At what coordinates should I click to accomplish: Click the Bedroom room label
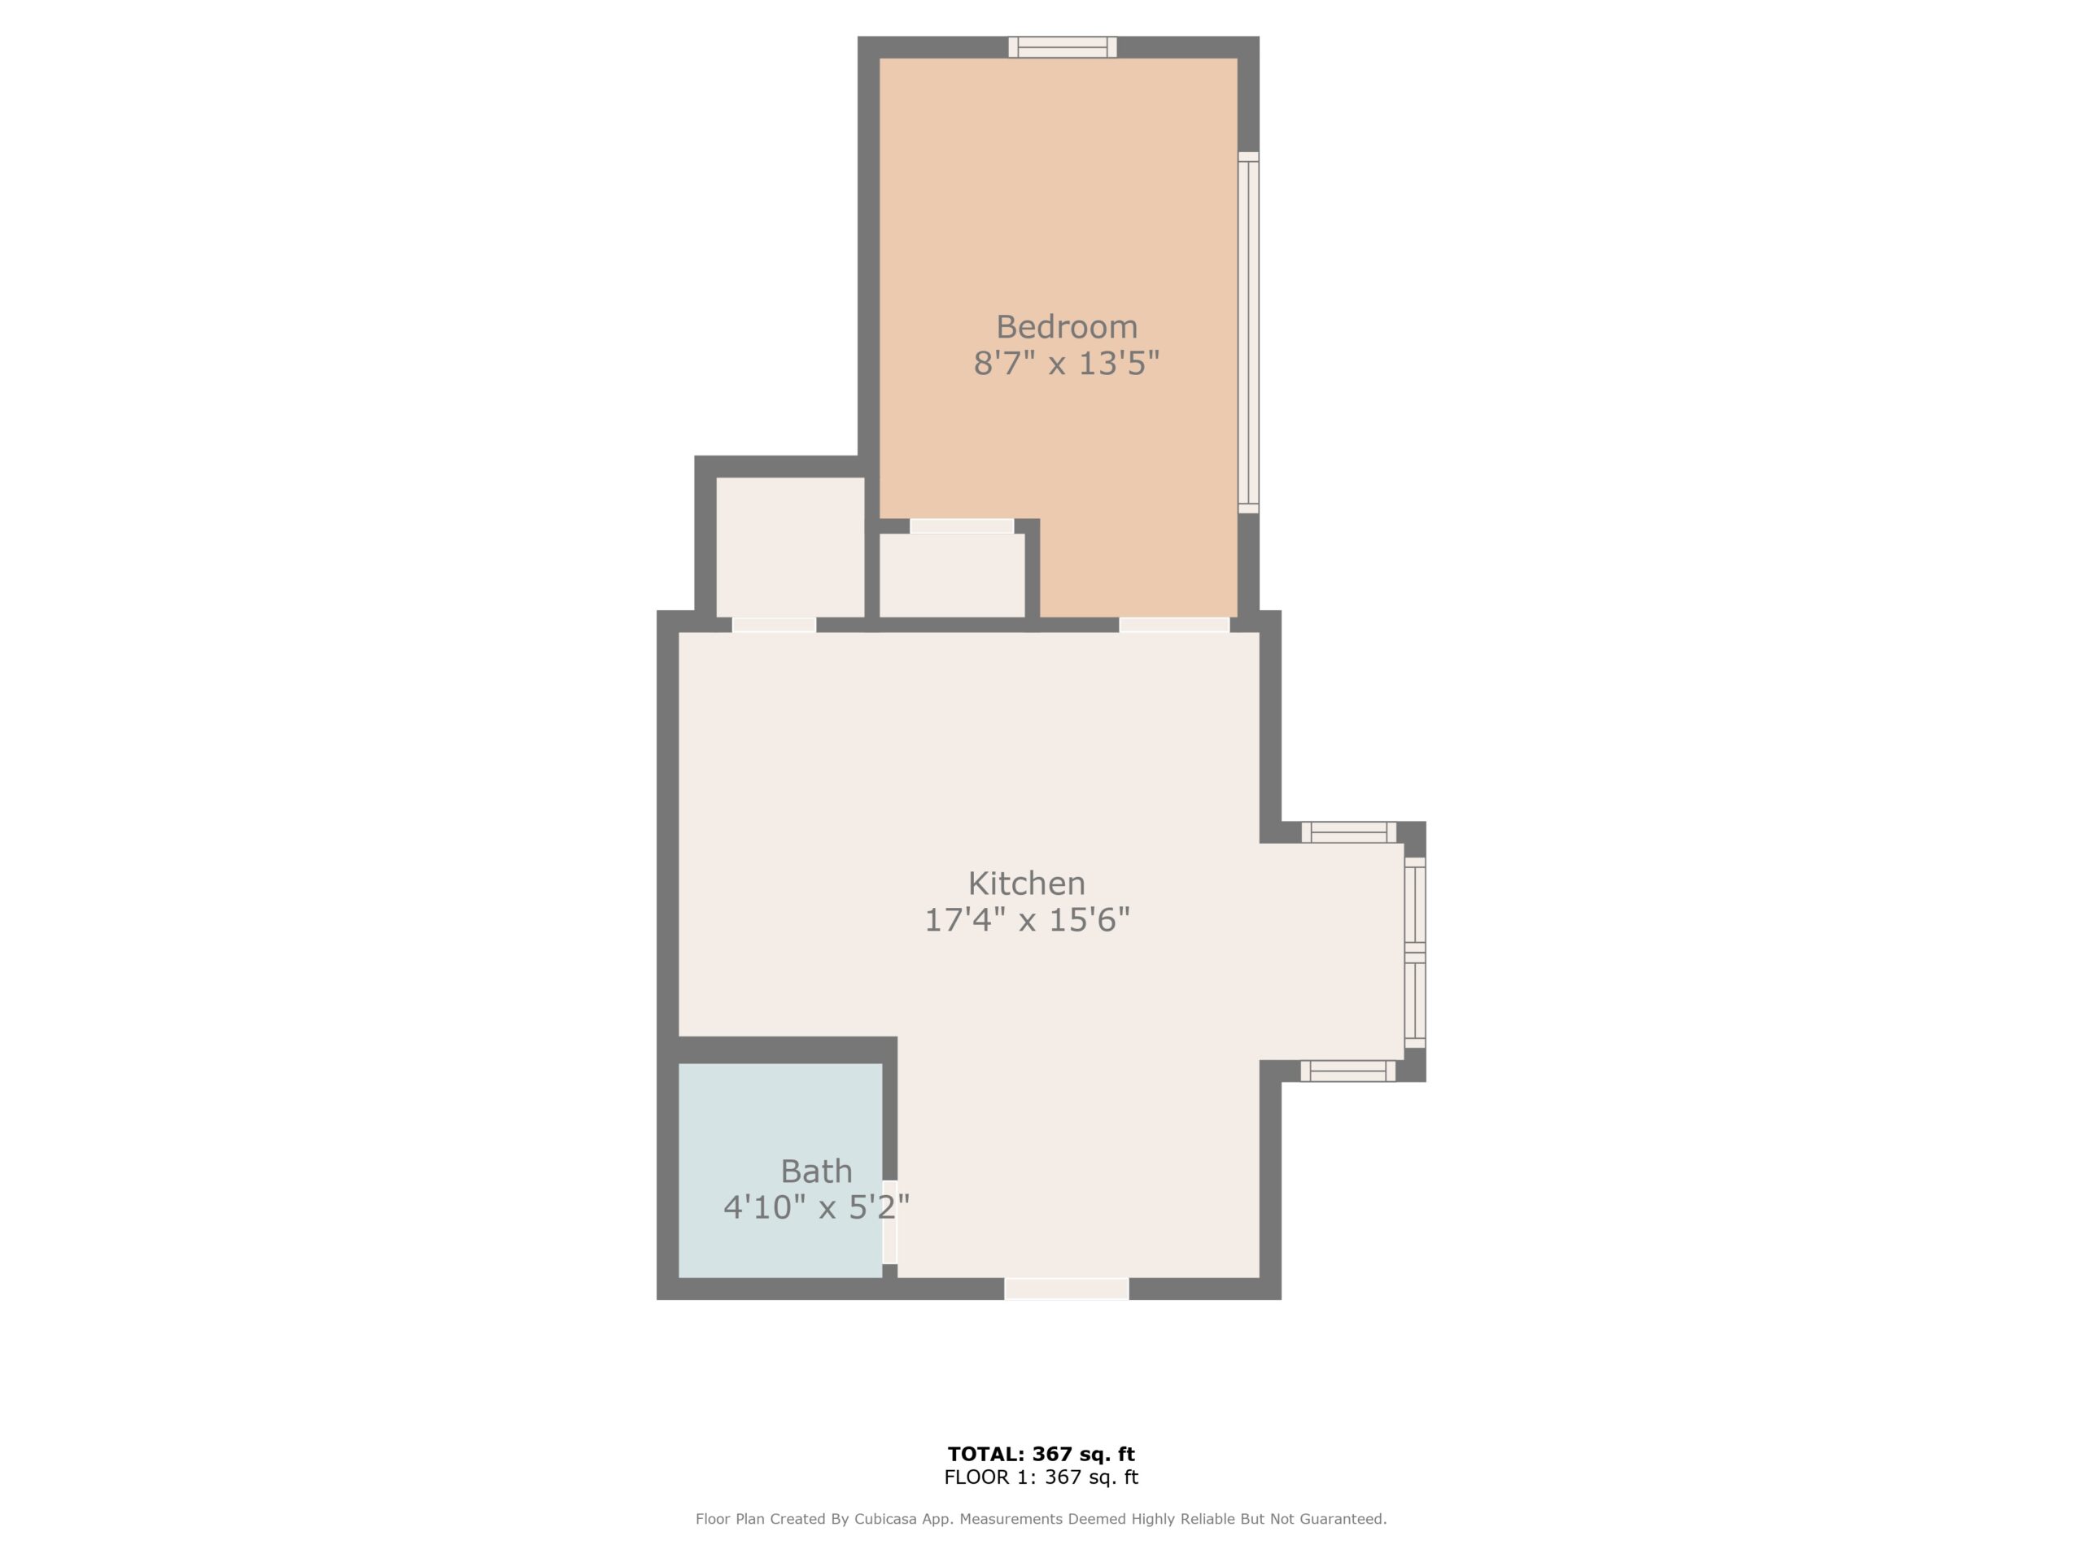[1067, 327]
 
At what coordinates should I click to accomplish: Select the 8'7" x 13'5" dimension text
[1066, 363]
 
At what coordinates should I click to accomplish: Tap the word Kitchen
[1026, 884]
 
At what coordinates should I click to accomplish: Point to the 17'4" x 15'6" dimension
[1026, 919]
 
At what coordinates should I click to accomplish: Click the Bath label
[816, 1171]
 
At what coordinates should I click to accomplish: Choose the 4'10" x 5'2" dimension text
[816, 1207]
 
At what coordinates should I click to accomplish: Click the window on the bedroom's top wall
[1062, 47]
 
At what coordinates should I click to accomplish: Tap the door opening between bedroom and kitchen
[1174, 624]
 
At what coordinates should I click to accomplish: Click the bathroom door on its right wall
[889, 1221]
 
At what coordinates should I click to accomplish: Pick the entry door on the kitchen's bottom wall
[1066, 1289]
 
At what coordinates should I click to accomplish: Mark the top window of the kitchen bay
[1348, 832]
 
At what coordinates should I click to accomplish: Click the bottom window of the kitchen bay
[1347, 1071]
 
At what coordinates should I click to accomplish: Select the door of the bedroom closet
[962, 526]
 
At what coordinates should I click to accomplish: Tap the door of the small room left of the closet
[774, 624]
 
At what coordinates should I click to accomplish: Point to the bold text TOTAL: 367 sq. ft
[1041, 1455]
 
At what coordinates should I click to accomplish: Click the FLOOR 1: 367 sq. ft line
[1041, 1477]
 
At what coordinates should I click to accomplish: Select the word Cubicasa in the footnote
[888, 1519]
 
